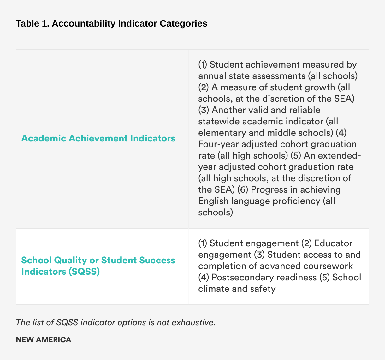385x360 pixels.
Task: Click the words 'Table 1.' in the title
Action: pos(33,24)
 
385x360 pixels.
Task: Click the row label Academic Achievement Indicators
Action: pos(98,138)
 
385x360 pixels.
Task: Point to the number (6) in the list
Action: pos(243,190)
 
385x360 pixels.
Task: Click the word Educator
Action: pos(334,243)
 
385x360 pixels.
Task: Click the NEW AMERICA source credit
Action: pos(44,340)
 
